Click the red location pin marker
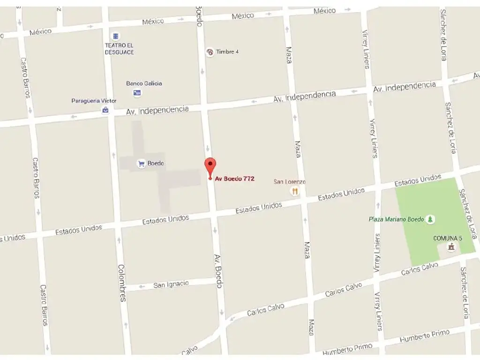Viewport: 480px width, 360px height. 210,167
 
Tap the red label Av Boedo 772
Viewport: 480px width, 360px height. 235,179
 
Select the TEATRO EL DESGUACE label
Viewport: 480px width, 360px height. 119,49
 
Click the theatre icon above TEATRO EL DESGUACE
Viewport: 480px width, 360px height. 116,36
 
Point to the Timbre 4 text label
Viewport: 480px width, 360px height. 227,52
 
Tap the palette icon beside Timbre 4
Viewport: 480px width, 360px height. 210,52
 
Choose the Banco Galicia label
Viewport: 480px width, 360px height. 144,83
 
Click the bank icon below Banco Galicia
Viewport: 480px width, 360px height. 137,93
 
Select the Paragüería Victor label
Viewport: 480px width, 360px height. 94,101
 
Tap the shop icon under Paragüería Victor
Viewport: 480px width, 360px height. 105,110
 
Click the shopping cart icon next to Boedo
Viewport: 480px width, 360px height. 141,164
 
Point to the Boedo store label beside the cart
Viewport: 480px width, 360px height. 156,164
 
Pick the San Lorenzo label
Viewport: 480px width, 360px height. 290,182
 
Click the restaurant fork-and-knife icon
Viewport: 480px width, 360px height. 295,191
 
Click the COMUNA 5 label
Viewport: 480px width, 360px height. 448,238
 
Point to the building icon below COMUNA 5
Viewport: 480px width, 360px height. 451,247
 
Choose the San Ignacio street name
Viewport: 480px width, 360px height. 171,284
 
